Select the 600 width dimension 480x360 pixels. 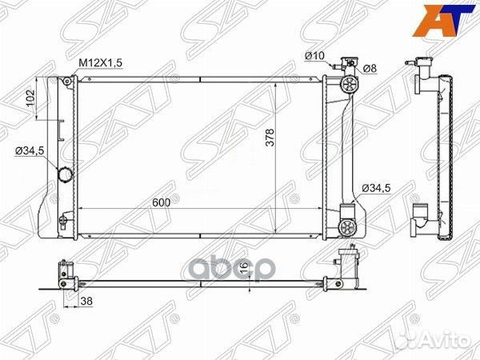pos(162,203)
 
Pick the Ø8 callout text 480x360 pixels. pos(370,68)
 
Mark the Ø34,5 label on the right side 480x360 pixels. pos(376,187)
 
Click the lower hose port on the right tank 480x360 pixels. pos(347,226)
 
